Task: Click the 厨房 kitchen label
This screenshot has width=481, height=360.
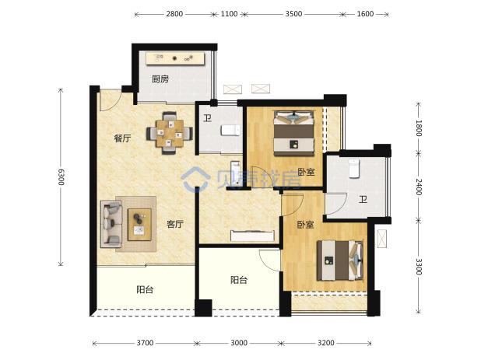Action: point(160,79)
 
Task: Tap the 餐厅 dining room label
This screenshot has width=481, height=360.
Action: point(122,138)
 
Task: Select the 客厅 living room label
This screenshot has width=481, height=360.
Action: point(175,224)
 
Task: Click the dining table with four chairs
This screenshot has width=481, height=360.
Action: point(170,133)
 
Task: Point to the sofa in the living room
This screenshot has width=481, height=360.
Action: point(111,224)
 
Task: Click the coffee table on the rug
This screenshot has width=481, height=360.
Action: point(139,225)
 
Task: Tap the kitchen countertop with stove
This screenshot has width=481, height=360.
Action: point(175,58)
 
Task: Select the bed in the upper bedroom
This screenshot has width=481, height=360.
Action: point(294,133)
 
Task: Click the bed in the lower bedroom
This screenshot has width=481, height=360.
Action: point(340,260)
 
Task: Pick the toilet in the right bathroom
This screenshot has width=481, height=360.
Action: point(353,168)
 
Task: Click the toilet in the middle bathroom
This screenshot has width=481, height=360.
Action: point(230,131)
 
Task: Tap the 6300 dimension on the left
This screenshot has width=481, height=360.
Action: point(61,177)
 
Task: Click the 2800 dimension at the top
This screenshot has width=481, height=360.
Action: point(174,14)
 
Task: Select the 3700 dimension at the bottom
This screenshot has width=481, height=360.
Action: point(145,343)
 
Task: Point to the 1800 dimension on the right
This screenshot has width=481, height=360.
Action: point(419,128)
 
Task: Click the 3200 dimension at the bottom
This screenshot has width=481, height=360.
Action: point(326,343)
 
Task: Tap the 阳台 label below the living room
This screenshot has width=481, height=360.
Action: point(145,289)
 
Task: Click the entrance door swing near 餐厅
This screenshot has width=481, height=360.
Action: point(111,100)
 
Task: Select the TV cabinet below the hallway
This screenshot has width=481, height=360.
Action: point(252,236)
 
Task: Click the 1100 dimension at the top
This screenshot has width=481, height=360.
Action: point(229,14)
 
